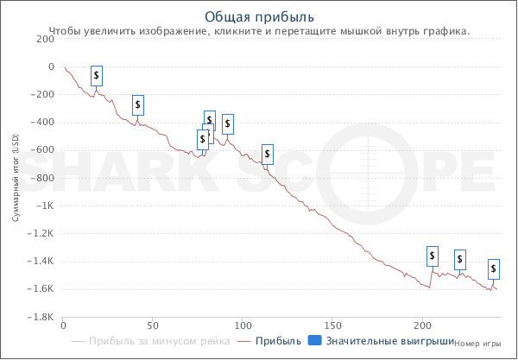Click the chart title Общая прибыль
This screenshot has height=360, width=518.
click(259, 16)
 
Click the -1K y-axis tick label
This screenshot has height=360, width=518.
click(47, 205)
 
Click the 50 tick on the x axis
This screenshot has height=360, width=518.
click(153, 325)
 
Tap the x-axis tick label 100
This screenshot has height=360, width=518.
click(243, 325)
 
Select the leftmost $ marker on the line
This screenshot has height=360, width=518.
click(97, 76)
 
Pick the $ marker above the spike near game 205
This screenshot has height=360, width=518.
click(433, 256)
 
